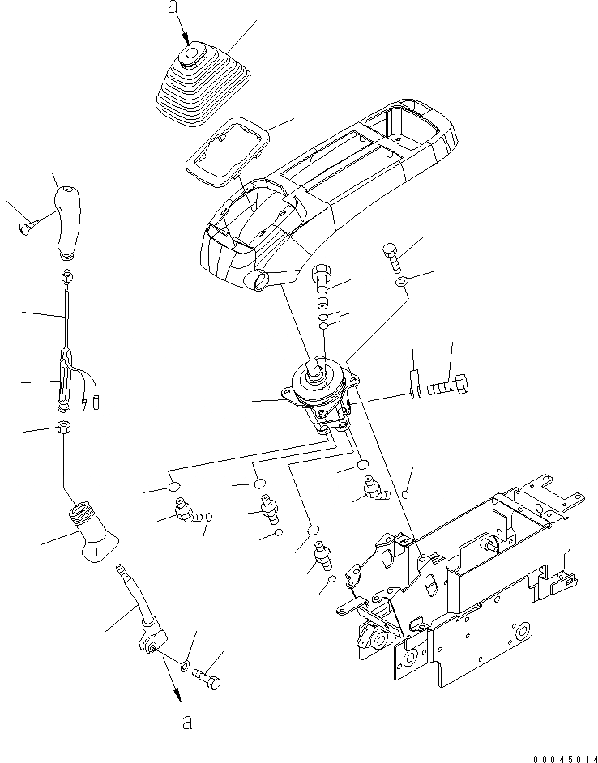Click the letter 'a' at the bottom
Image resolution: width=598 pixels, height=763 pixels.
pos(187,723)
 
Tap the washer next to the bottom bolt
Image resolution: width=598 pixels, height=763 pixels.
pos(186,666)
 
